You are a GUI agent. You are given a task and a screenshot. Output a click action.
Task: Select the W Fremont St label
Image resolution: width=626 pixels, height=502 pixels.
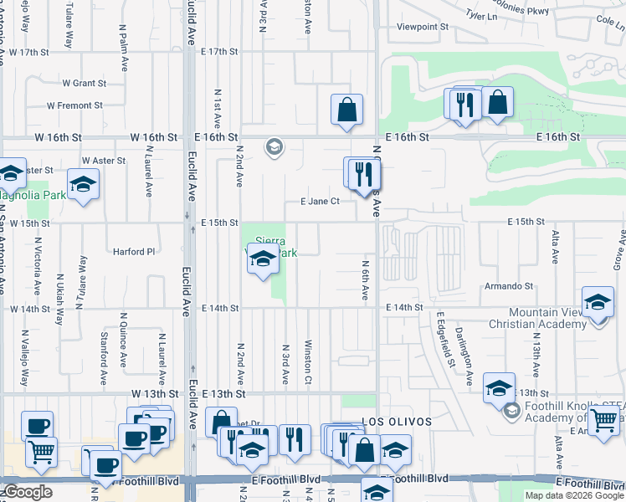(74, 105)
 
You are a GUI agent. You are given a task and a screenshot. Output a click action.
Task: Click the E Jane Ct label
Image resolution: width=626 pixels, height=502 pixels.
(320, 201)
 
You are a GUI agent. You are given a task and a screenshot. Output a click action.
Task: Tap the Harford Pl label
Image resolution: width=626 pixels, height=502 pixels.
(135, 250)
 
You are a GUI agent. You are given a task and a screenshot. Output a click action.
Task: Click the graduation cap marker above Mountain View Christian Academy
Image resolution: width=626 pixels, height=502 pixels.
(598, 303)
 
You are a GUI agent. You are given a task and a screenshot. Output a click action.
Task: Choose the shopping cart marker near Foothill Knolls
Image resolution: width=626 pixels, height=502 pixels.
(603, 421)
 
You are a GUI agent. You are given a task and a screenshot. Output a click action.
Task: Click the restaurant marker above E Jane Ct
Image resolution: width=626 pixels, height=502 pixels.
(363, 174)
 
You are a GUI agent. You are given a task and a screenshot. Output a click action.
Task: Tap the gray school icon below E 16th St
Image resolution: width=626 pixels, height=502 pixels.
(273, 148)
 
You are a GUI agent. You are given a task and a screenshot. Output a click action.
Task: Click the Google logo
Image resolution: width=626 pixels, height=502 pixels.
(28, 491)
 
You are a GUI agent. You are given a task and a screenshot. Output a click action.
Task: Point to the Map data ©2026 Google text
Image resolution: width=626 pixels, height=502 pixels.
(573, 495)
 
